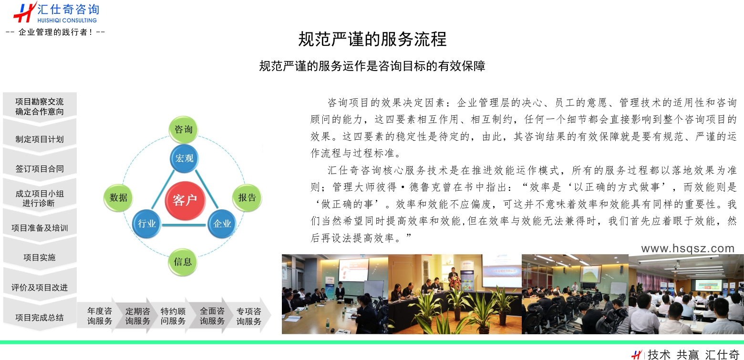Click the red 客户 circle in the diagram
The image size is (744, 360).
pyautogui.click(x=185, y=200)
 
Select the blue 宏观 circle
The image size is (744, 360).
pyautogui.click(x=184, y=158)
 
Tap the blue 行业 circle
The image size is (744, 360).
pyautogui.click(x=146, y=224)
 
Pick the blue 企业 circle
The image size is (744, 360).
pyautogui.click(x=222, y=224)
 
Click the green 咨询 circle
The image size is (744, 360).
pyautogui.click(x=183, y=129)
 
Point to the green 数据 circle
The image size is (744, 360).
pyautogui.click(x=118, y=197)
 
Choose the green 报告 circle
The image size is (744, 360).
pyautogui.click(x=247, y=197)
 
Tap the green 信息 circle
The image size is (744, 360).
pyautogui.click(x=183, y=262)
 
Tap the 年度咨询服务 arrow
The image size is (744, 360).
pyautogui.click(x=98, y=316)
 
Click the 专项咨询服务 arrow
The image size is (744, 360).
pyautogui.click(x=248, y=316)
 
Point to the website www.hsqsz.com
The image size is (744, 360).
pyautogui.click(x=688, y=248)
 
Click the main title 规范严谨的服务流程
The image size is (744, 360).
pyautogui.click(x=372, y=39)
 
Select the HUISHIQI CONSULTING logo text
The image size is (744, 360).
pyautogui.click(x=67, y=20)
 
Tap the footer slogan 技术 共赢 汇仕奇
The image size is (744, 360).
pyautogui.click(x=693, y=354)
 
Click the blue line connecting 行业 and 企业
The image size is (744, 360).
pyautogui.click(x=184, y=225)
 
